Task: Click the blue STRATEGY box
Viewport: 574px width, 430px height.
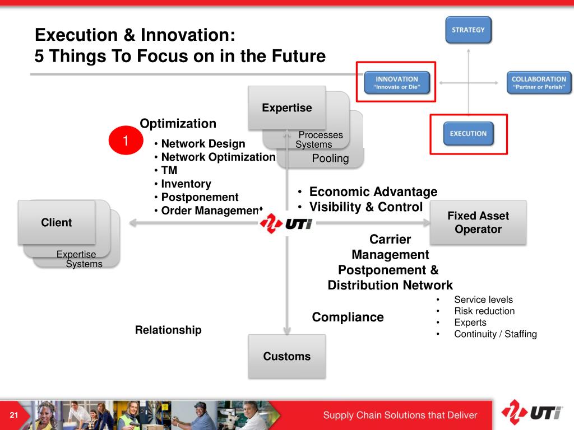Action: click(468, 30)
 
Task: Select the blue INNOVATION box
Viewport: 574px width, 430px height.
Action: click(397, 83)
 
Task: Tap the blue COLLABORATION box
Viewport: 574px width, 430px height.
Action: click(539, 83)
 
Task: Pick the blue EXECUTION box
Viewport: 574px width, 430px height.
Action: click(468, 133)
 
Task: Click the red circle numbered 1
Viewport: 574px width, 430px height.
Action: click(126, 141)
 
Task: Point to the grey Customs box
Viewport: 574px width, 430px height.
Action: click(286, 356)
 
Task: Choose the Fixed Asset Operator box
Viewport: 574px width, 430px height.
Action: click(478, 222)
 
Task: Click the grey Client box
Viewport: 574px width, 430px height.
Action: click(57, 222)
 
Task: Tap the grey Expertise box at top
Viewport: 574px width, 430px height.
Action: click(287, 108)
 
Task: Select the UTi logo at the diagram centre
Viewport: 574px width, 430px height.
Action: click(286, 223)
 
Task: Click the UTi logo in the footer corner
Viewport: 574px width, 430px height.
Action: click(531, 413)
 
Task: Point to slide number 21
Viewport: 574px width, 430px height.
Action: click(14, 415)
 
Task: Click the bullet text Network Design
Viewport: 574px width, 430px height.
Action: click(203, 144)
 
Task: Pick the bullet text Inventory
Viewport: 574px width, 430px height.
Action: click(186, 184)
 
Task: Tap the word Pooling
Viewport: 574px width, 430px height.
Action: click(330, 158)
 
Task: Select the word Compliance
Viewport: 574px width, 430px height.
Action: click(348, 317)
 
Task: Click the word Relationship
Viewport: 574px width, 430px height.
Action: click(168, 330)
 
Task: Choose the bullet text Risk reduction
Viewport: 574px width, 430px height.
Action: click(484, 311)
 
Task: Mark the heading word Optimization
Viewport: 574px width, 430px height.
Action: click(178, 124)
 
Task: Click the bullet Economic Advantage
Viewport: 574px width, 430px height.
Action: click(373, 191)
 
